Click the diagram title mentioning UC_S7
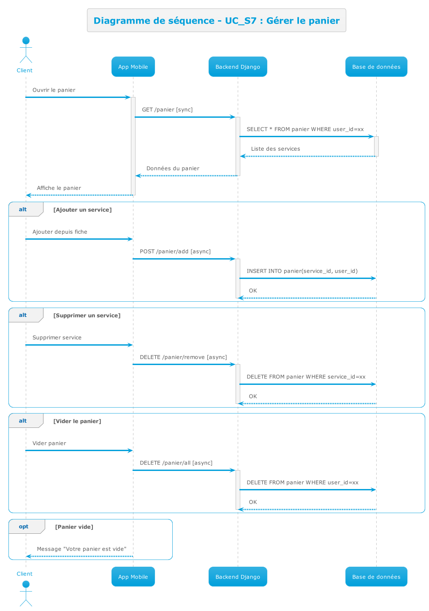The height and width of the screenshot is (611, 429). (216, 21)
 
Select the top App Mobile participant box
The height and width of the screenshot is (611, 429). (133, 67)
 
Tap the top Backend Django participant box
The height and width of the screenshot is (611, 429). (238, 67)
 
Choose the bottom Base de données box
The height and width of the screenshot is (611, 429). (376, 577)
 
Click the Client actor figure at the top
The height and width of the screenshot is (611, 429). (26, 50)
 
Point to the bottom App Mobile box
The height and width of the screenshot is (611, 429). (133, 577)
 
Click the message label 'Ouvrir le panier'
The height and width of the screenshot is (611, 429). (54, 90)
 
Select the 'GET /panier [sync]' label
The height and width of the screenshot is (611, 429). (167, 110)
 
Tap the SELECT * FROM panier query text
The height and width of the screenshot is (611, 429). (305, 129)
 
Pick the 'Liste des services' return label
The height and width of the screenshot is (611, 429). (276, 149)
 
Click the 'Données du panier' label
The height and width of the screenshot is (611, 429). (173, 168)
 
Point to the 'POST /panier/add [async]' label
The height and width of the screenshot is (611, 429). (175, 251)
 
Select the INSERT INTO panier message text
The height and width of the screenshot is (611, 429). (302, 271)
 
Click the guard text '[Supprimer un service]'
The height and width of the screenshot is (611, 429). (87, 316)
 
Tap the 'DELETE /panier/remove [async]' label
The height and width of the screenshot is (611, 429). (183, 357)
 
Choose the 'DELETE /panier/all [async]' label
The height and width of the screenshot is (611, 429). (176, 463)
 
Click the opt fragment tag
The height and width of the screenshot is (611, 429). (24, 527)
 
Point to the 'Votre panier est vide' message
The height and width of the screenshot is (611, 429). (81, 549)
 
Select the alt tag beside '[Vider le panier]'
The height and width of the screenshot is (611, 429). (23, 421)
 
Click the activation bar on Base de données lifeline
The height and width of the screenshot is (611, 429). (376, 146)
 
